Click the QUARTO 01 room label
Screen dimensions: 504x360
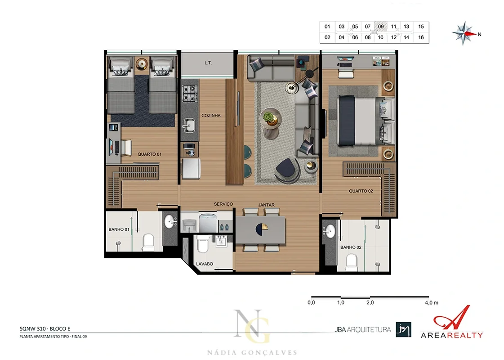[149, 154]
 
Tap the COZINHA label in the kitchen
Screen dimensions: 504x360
[211, 116]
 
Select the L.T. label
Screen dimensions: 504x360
[208, 63]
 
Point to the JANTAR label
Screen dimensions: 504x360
[266, 205]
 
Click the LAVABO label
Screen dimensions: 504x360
[205, 264]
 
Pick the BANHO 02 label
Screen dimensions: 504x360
[351, 247]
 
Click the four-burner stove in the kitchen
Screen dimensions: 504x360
[189, 93]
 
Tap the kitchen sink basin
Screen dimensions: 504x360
[189, 125]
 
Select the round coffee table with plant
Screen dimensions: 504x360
[271, 117]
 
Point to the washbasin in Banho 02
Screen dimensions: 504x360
[329, 231]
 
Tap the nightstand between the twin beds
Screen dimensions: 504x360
[142, 63]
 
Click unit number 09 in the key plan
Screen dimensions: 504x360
[380, 27]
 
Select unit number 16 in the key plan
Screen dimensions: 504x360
[421, 37]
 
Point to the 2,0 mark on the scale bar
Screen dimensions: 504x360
[370, 302]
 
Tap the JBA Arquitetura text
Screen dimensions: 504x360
[363, 329]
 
